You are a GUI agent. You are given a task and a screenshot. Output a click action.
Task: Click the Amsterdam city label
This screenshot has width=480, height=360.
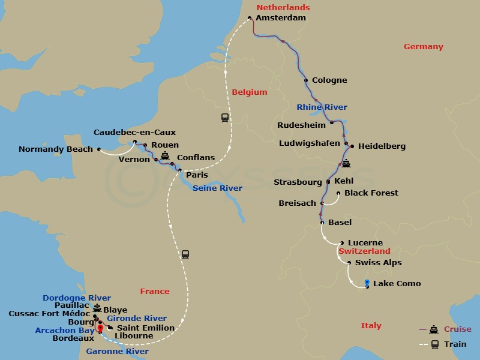(280, 18)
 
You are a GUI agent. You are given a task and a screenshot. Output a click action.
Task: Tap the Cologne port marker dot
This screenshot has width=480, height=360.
(307, 80)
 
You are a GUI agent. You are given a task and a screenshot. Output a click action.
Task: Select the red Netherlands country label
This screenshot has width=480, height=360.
(283, 8)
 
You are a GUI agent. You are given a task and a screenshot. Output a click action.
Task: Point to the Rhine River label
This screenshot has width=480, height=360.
(322, 107)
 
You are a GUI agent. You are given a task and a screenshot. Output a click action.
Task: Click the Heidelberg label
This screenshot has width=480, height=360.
(382, 146)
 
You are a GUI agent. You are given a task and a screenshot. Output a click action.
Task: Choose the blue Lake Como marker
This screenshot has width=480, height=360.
(367, 283)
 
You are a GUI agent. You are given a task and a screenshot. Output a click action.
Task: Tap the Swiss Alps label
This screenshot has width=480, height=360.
(378, 263)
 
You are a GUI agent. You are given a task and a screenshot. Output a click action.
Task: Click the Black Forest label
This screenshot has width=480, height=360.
(371, 193)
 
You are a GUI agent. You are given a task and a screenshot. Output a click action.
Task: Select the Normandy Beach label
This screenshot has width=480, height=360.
(56, 149)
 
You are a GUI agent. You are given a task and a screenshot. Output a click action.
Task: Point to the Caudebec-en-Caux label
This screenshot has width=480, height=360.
(134, 133)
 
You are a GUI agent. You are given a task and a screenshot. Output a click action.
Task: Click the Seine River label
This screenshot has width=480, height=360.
(217, 188)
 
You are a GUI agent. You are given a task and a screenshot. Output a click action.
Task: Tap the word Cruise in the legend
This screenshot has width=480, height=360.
(457, 329)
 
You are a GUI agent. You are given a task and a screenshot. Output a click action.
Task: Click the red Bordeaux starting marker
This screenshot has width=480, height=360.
(101, 328)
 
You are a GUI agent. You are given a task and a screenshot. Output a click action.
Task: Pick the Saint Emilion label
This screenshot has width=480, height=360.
(145, 328)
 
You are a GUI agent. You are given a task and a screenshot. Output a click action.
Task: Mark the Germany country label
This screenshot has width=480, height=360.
(423, 47)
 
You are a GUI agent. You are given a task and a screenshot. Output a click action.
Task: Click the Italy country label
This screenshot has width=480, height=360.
(371, 326)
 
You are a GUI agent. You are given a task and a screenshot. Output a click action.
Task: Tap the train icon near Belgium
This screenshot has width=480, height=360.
(225, 118)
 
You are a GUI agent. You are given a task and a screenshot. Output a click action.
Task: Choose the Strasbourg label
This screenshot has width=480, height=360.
(298, 181)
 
